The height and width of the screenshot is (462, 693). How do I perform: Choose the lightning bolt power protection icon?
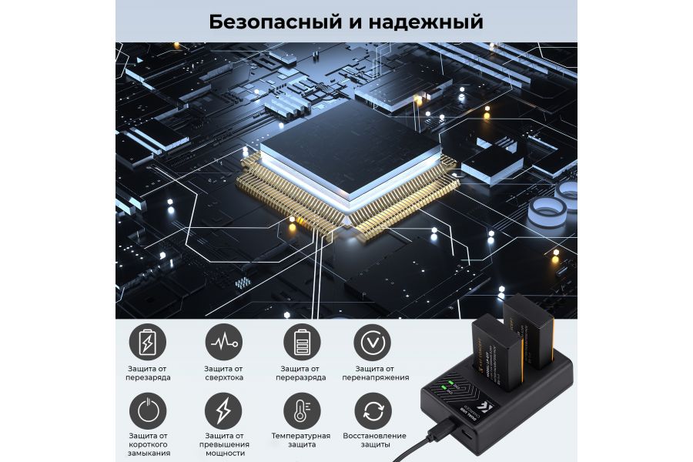(223, 411)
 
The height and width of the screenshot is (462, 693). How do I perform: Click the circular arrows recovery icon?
(373, 411)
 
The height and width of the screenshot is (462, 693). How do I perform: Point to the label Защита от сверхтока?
(223, 373)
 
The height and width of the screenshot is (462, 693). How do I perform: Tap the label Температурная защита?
(300, 440)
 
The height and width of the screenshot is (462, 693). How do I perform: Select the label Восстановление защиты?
(373, 440)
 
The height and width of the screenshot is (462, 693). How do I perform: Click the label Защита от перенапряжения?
(373, 373)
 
